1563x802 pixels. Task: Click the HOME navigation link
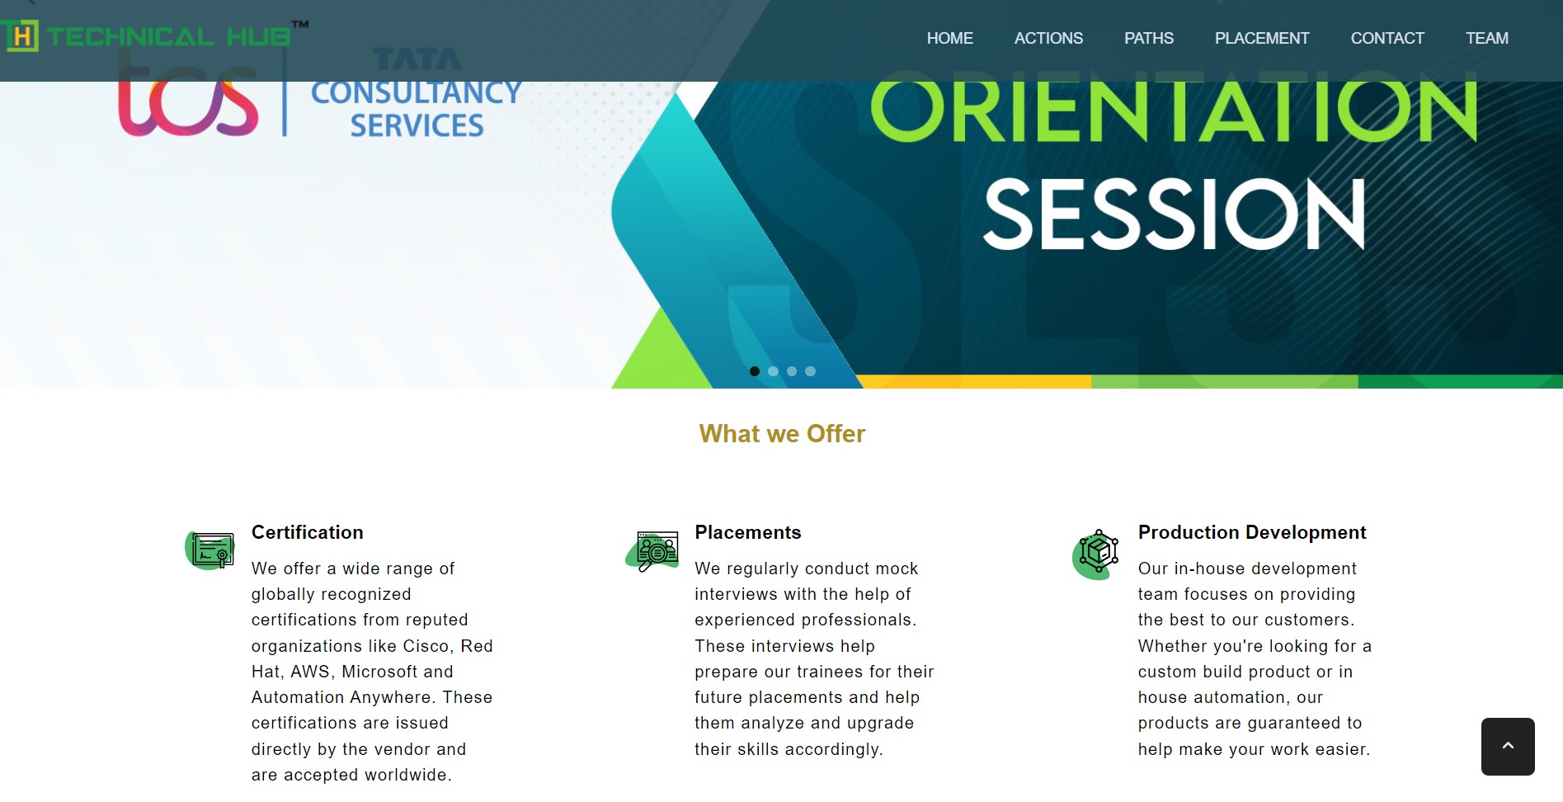949,38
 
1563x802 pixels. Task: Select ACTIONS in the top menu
1048,38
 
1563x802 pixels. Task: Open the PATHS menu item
1148,38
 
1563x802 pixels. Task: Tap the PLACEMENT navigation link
1261,38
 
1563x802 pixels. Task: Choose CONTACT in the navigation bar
1387,38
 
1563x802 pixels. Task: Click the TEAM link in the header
1486,38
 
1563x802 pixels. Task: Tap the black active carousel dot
754,371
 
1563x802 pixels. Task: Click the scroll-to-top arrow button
1508,746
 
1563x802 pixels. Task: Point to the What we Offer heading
782,434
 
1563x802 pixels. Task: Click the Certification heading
307,532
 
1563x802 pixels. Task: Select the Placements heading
747,532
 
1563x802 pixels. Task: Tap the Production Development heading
1252,532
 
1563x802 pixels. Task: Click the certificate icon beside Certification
211,550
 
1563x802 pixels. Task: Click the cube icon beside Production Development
1096,554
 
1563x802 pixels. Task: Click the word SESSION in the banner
1175,215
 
